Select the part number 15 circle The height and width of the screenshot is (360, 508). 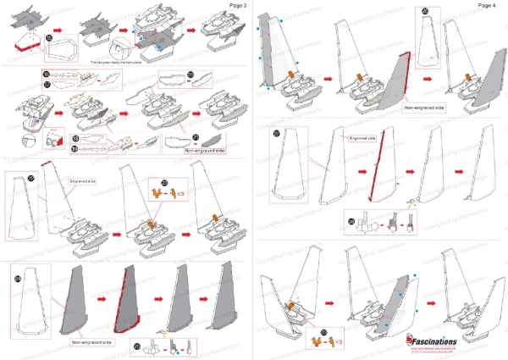[49, 39]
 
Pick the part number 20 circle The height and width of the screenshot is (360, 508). [190, 75]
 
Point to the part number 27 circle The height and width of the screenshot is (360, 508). [276, 133]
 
